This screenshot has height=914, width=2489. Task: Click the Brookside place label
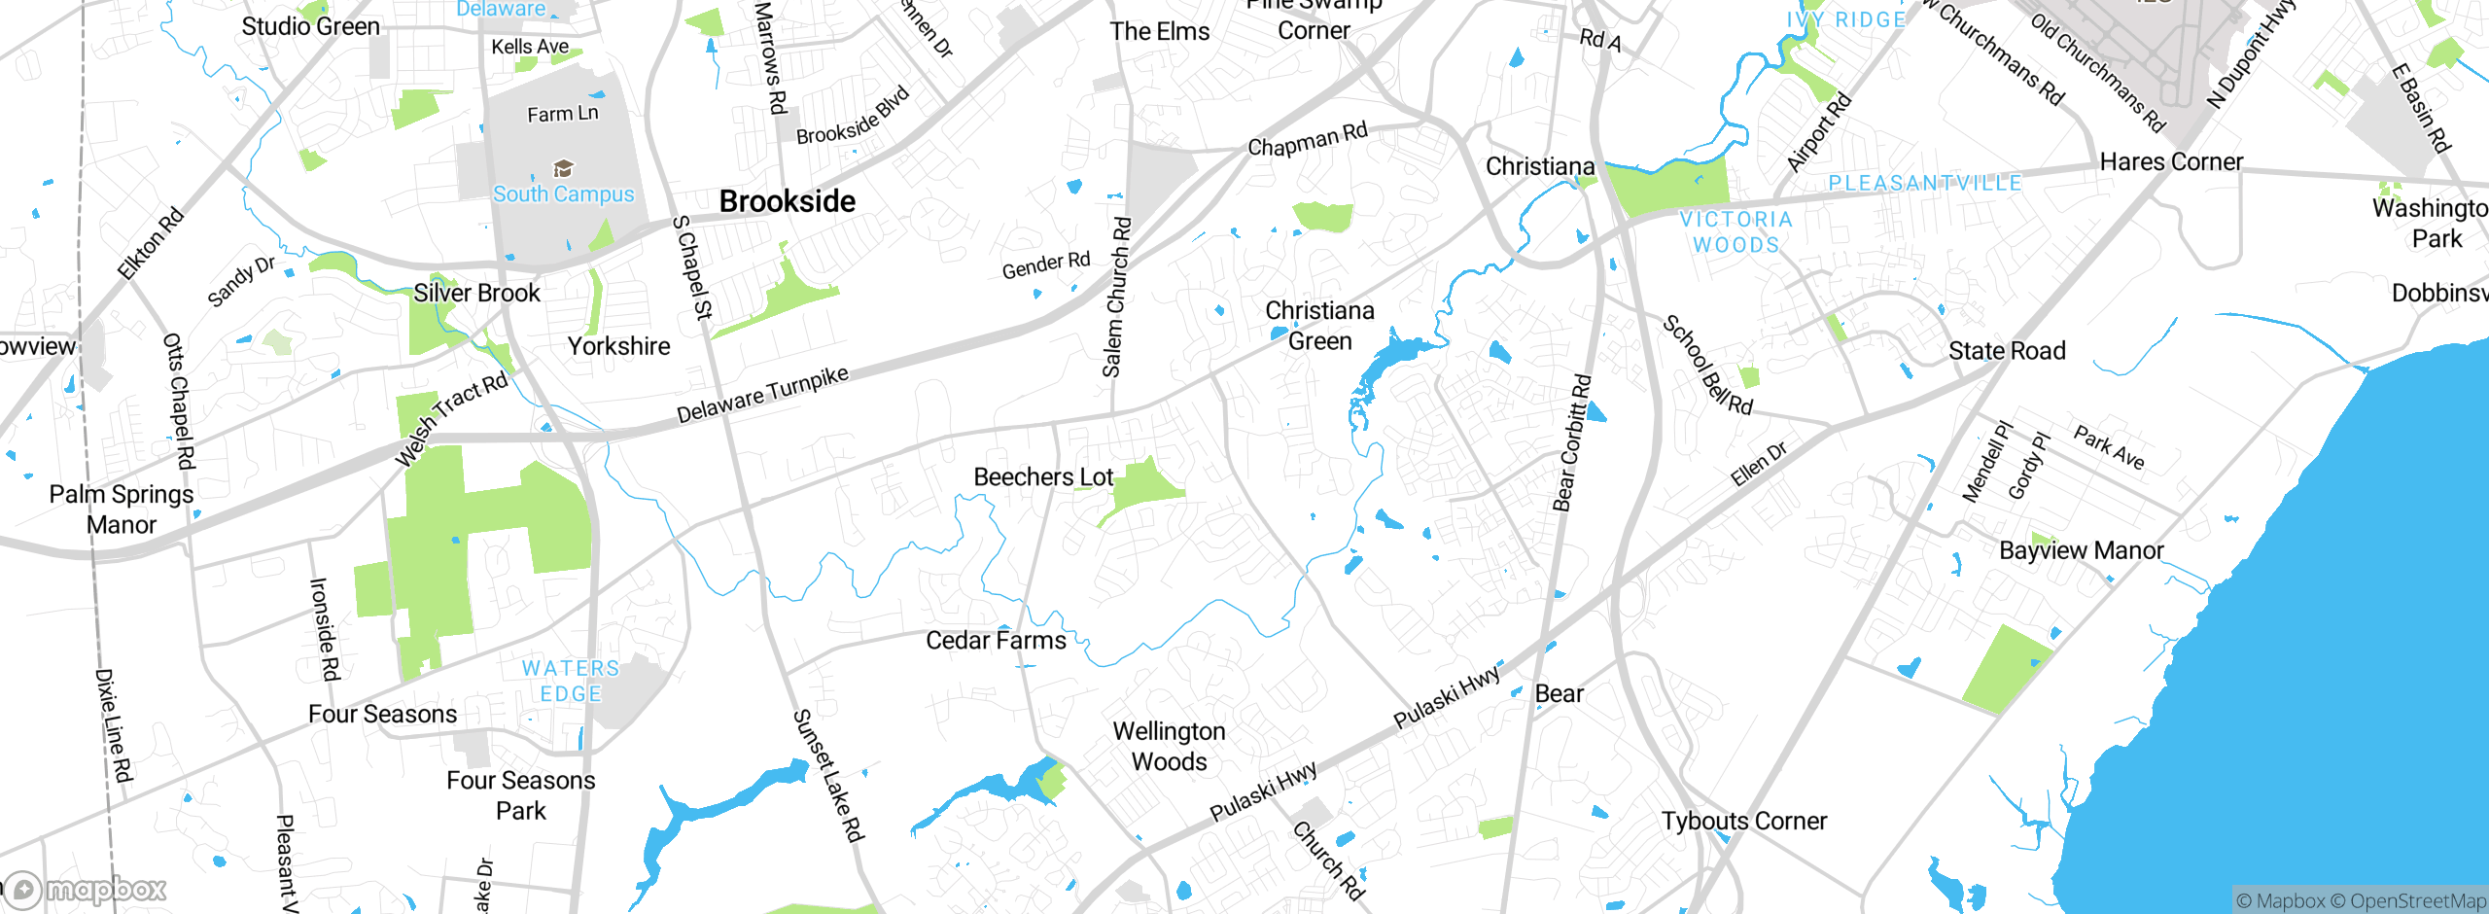point(787,201)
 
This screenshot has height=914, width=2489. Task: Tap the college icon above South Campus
point(563,169)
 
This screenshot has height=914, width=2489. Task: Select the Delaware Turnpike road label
point(762,395)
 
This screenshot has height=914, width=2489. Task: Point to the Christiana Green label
point(1319,326)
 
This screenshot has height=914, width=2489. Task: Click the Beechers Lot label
point(1043,477)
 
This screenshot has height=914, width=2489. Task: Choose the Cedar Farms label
point(996,641)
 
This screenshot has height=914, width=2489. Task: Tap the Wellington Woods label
point(1169,747)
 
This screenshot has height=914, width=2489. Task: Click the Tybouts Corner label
point(1743,822)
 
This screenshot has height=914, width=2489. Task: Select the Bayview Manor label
point(2081,551)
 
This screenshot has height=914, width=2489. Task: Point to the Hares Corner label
point(2171,162)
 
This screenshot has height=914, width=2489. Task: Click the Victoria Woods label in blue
point(1736,232)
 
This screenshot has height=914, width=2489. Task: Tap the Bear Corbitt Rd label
point(1571,443)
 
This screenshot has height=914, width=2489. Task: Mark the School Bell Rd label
point(1707,366)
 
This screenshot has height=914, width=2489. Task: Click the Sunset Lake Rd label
point(828,775)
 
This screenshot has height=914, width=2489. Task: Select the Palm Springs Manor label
point(122,510)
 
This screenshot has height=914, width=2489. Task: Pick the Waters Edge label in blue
point(571,682)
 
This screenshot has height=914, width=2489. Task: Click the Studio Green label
point(310,27)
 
